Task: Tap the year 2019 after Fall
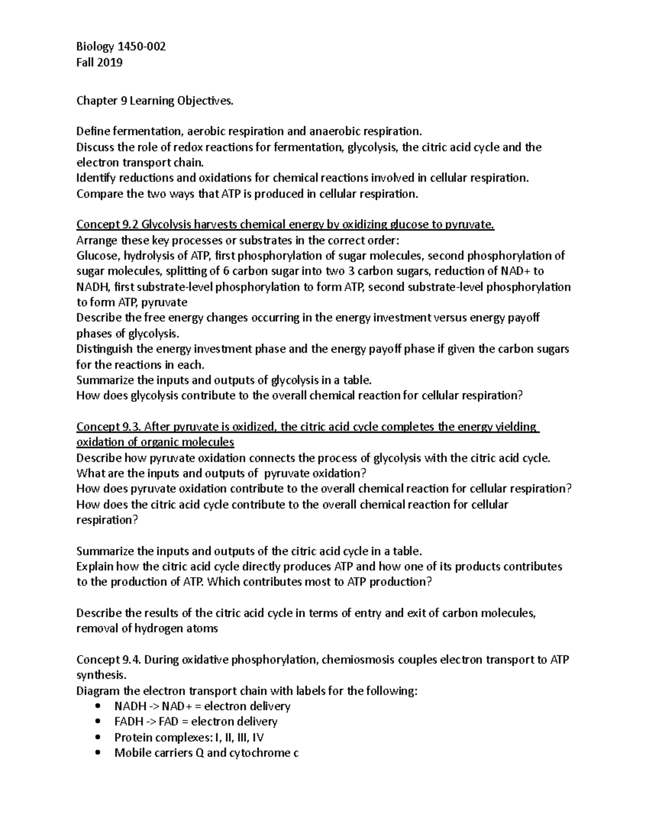point(110,62)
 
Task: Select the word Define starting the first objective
point(92,131)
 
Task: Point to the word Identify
point(95,178)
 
